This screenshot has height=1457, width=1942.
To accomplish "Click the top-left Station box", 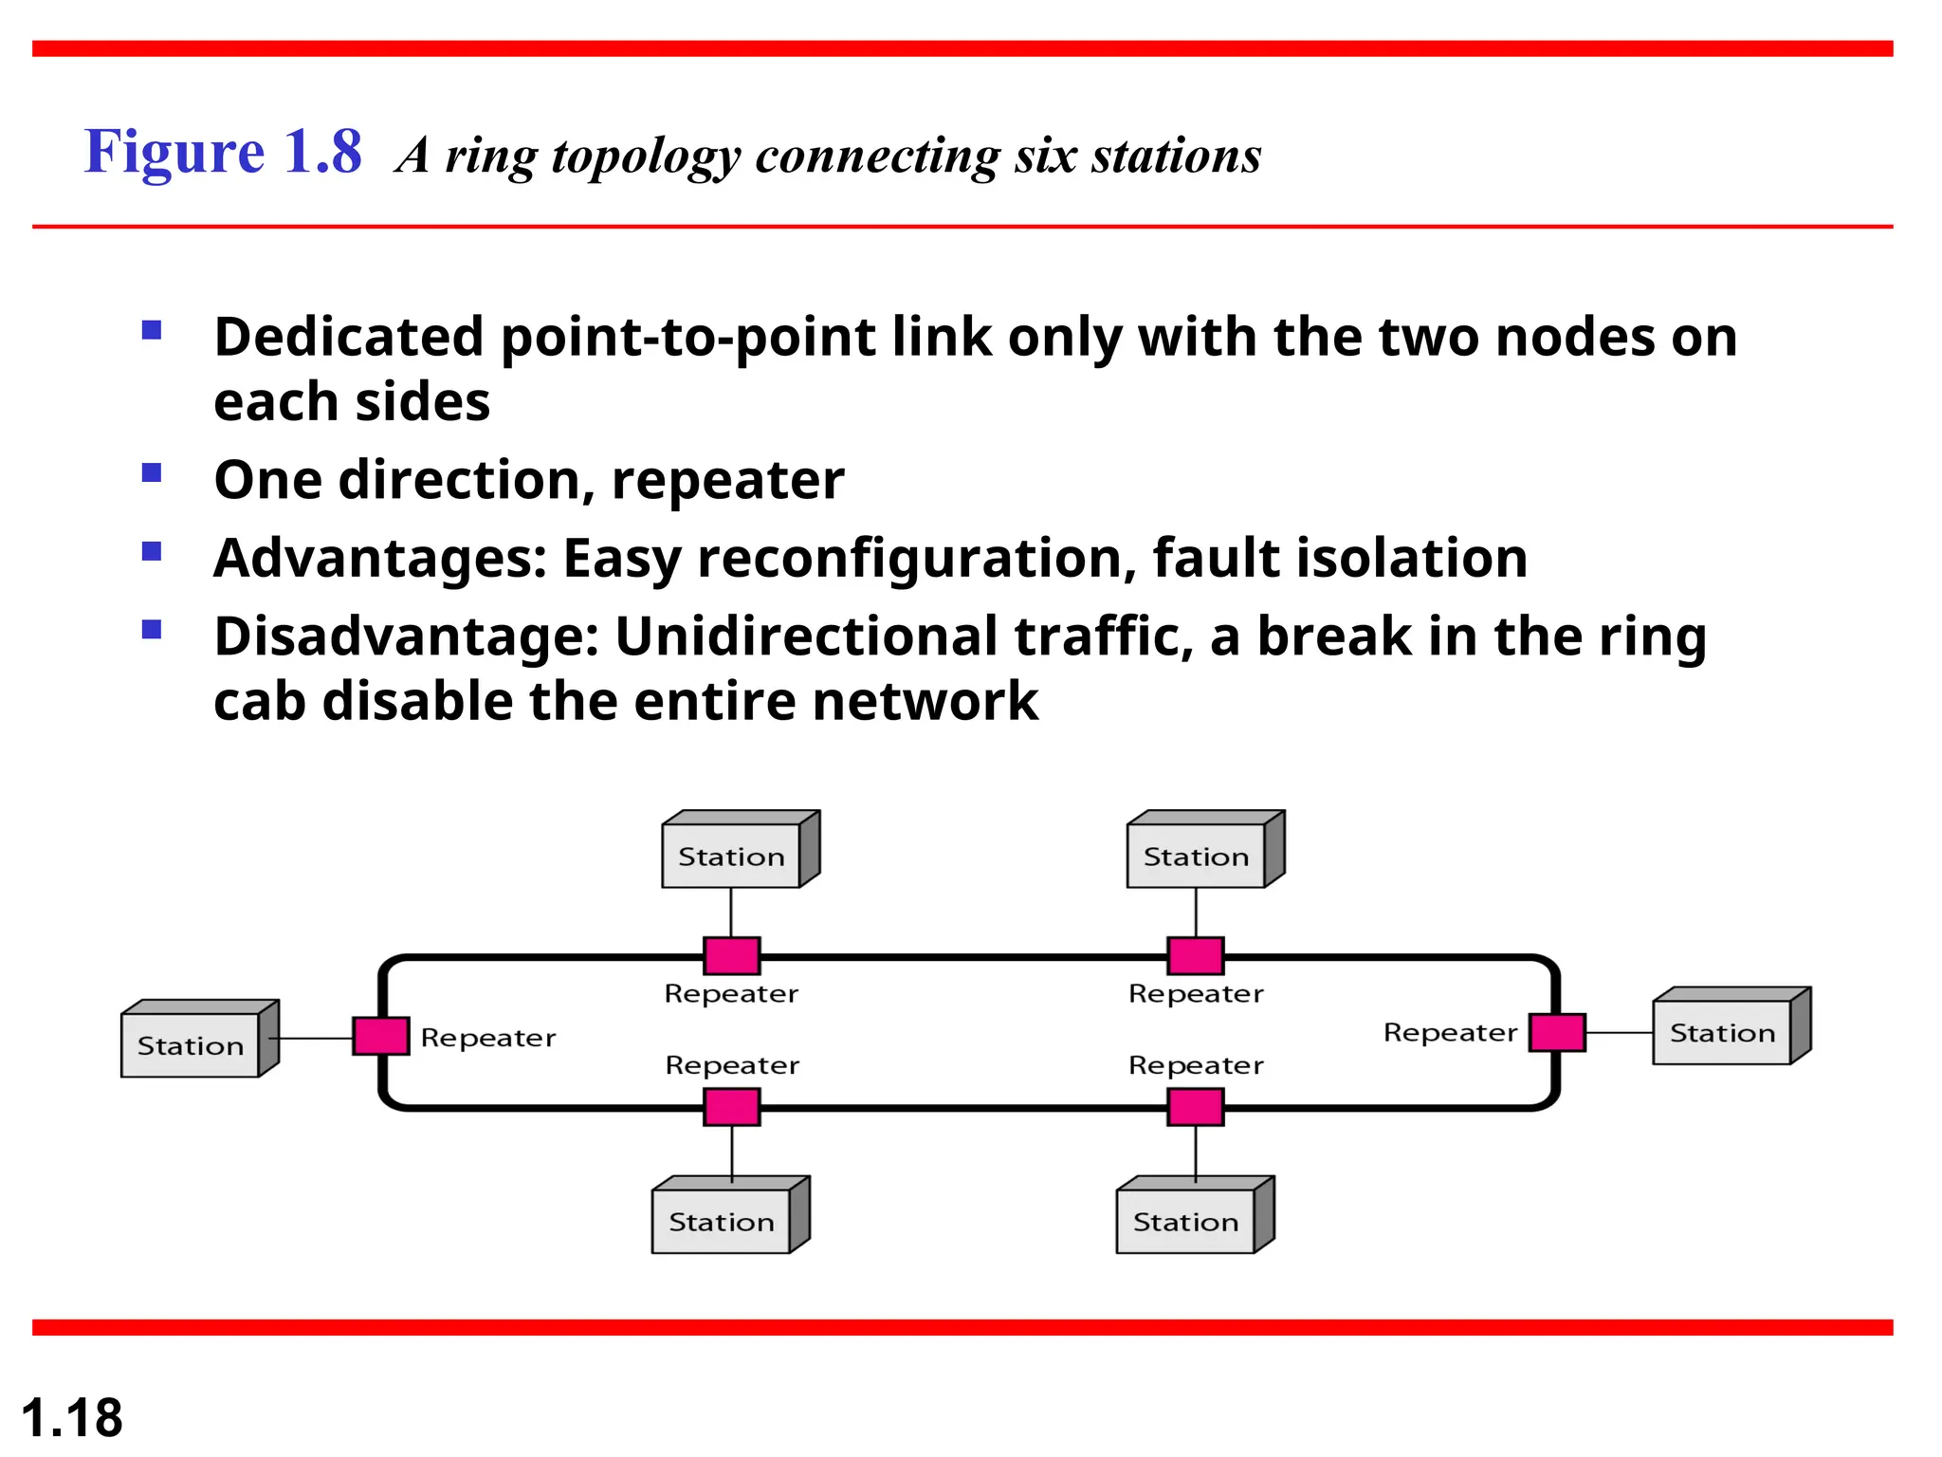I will pyautogui.click(x=731, y=855).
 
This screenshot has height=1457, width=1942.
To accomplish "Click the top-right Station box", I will pyautogui.click(x=1196, y=855).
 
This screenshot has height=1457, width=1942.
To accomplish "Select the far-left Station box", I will pyautogui.click(x=191, y=1044).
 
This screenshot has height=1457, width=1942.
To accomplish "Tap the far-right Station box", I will pyautogui.click(x=1722, y=1032).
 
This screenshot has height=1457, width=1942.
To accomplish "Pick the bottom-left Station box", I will pyautogui.click(x=722, y=1221).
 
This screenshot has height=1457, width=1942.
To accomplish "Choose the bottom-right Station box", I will pyautogui.click(x=1185, y=1221).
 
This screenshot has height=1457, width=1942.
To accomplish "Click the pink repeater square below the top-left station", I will pyautogui.click(x=731, y=955).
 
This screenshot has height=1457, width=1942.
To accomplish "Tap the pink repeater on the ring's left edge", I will pyautogui.click(x=381, y=1036).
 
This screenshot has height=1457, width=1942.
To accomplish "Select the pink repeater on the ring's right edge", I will pyautogui.click(x=1557, y=1032).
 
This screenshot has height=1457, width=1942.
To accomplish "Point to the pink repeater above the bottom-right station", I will pyautogui.click(x=1195, y=1107).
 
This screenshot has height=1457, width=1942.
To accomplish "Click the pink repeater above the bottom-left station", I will pyautogui.click(x=731, y=1107).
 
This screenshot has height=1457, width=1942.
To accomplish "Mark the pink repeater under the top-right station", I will pyautogui.click(x=1195, y=955).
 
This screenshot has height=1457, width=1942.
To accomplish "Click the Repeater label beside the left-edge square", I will pyautogui.click(x=487, y=1038).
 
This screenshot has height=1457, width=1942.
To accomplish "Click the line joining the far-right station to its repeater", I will pyautogui.click(x=1619, y=1032).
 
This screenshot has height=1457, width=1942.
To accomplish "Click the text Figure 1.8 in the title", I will pyautogui.click(x=223, y=152).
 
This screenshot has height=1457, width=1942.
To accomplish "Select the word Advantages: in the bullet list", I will pyautogui.click(x=380, y=558).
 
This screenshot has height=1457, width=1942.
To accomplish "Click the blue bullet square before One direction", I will pyautogui.click(x=152, y=472).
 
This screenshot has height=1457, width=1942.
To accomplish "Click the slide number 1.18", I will pyautogui.click(x=72, y=1417).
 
